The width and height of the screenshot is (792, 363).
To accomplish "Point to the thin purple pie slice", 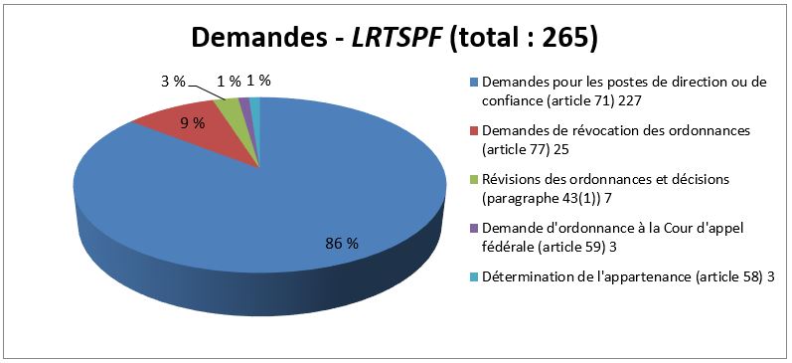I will [x=244, y=102].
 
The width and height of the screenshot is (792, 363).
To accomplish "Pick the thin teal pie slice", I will [x=255, y=101].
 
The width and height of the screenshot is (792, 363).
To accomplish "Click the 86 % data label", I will [x=341, y=244].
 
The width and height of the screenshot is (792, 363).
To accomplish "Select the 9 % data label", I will [x=192, y=123].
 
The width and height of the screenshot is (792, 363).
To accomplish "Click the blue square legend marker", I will [x=474, y=83].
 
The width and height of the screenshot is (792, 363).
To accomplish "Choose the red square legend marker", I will [x=474, y=131].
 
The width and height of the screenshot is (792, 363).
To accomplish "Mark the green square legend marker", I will [x=474, y=179].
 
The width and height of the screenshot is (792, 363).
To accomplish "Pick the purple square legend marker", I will [x=474, y=228].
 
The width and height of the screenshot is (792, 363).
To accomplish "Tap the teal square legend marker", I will [x=474, y=275].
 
